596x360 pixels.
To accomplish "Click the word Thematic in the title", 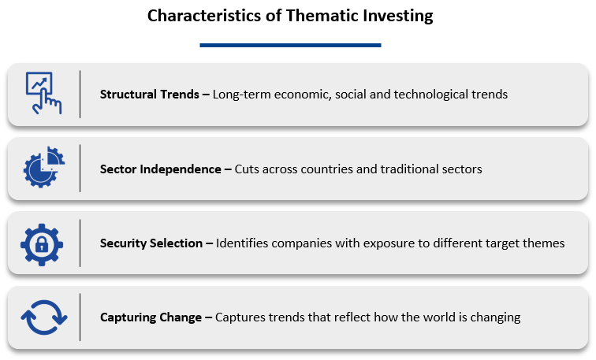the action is (322, 16).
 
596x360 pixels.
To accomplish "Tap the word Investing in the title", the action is (398, 17).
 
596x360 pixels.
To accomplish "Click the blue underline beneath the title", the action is (290, 45).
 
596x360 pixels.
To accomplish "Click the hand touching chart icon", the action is (43, 94).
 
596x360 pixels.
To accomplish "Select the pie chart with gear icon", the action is (43, 167).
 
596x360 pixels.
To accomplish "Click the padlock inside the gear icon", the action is (42, 244).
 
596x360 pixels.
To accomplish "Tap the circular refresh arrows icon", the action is (44, 317).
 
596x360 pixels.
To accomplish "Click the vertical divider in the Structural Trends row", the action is (80, 95).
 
